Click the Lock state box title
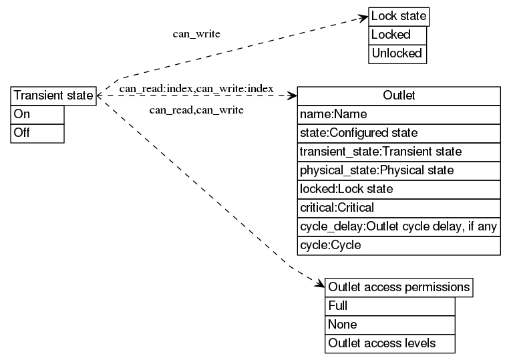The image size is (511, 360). click(x=398, y=16)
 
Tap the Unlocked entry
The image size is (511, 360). click(x=397, y=53)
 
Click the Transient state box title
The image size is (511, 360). click(x=53, y=96)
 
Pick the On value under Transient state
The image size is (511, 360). click(x=38, y=114)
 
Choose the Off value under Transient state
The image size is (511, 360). click(x=38, y=133)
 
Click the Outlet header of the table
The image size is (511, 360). click(x=399, y=96)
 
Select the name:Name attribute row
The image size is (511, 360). click(x=399, y=114)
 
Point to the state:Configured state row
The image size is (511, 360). click(x=399, y=133)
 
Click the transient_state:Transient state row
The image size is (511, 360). click(x=399, y=152)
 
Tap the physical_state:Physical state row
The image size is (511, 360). click(x=399, y=170)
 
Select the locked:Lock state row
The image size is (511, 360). click(x=399, y=189)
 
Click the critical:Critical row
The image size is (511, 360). click(x=399, y=208)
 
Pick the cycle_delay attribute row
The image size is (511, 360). click(x=399, y=226)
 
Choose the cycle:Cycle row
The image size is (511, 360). click(x=399, y=245)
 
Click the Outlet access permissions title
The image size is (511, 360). click(x=399, y=287)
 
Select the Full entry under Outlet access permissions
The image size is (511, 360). click(x=390, y=306)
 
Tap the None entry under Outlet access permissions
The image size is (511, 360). click(x=390, y=325)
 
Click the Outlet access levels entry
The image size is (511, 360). click(x=390, y=343)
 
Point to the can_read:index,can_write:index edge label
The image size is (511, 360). click(x=196, y=89)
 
